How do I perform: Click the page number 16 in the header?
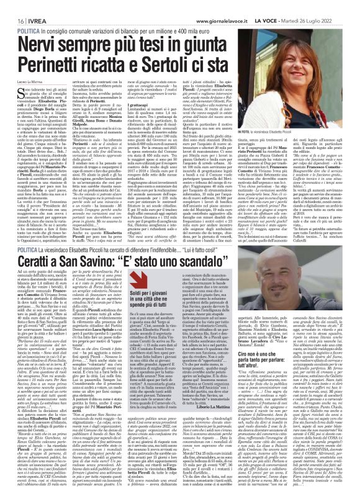point(12,5)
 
